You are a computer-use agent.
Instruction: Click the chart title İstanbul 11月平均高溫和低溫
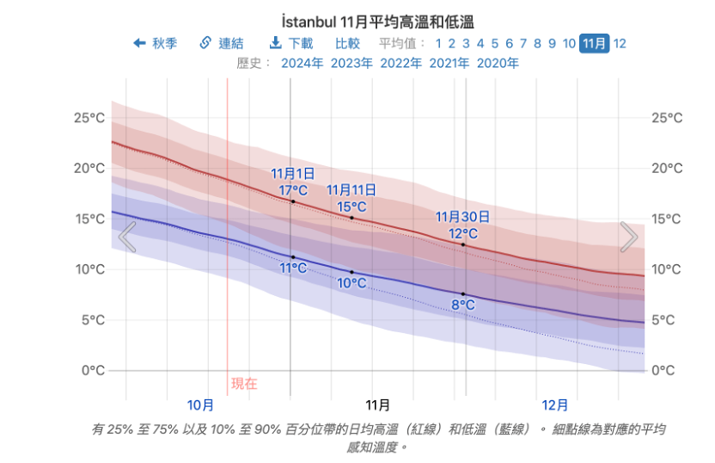tap(377, 22)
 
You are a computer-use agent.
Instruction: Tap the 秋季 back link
tap(156, 43)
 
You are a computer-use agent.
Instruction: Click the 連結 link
tap(222, 43)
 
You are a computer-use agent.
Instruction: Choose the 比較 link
tap(347, 43)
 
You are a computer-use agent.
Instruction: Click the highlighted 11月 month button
tap(594, 43)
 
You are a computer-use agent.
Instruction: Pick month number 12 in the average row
tap(620, 43)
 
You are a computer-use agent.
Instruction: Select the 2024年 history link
tap(302, 63)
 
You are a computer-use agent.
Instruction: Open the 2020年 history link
tap(498, 63)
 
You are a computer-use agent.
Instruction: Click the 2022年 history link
tap(400, 63)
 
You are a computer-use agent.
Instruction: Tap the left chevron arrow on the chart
tap(127, 238)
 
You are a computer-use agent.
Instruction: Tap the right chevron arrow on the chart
tap(629, 237)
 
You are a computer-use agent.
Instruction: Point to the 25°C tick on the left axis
tap(89, 118)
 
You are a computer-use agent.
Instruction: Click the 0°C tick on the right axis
tap(667, 371)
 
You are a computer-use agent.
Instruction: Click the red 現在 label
tap(244, 384)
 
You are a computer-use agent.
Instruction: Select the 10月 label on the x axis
tap(200, 404)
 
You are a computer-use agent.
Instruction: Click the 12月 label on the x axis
tap(555, 404)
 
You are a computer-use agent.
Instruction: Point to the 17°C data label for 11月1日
tap(292, 189)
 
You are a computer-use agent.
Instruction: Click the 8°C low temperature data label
tap(463, 305)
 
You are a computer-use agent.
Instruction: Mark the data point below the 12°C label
tap(463, 244)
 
